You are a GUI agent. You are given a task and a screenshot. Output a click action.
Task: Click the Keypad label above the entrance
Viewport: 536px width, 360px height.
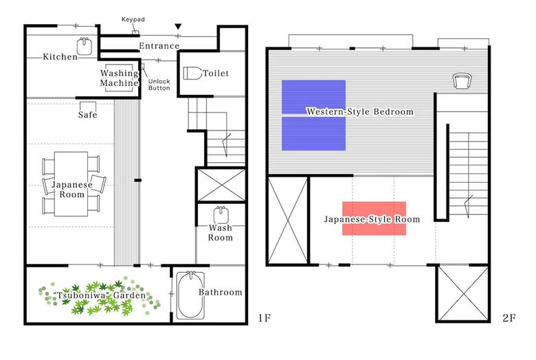coord(133,19)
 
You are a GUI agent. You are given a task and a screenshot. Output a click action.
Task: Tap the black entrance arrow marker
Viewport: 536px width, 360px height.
coord(178,27)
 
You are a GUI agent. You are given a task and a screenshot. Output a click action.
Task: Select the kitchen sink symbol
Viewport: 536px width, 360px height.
coord(85,46)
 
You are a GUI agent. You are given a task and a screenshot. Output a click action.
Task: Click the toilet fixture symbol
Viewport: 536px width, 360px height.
coord(192,73)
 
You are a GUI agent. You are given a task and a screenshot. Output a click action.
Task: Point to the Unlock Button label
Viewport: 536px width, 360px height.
coord(159,85)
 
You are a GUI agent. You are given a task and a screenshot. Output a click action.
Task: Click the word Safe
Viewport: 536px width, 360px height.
coord(87,115)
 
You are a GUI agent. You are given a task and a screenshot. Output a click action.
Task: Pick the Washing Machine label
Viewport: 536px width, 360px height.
coord(120,78)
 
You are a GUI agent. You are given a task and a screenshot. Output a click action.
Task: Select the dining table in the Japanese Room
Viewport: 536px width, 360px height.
coord(71,184)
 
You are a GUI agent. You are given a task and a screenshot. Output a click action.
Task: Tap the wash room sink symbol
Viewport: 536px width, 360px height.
coord(221,215)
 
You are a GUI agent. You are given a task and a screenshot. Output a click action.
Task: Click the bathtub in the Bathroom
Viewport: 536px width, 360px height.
coord(190,295)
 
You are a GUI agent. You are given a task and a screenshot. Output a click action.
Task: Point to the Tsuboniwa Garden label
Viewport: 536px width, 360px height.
coord(100,295)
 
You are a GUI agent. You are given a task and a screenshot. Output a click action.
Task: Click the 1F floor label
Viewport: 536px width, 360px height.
coord(265,318)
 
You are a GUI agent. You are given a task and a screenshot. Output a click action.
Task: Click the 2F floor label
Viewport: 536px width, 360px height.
coord(509,318)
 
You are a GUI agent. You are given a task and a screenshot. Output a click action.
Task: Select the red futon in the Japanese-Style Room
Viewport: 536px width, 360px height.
coord(375,218)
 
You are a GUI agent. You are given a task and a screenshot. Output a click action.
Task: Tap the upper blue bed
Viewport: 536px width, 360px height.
coord(313,97)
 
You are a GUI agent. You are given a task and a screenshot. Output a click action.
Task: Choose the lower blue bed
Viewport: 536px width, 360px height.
coord(313,134)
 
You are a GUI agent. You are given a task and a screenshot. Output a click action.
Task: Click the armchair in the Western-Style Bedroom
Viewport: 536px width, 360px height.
coord(462,81)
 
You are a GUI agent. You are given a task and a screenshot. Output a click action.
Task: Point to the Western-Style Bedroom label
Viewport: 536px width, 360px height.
coord(360,112)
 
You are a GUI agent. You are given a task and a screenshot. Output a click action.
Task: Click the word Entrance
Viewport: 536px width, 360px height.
coord(159,46)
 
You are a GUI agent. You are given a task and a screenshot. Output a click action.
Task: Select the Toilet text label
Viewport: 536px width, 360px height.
coord(216,73)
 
